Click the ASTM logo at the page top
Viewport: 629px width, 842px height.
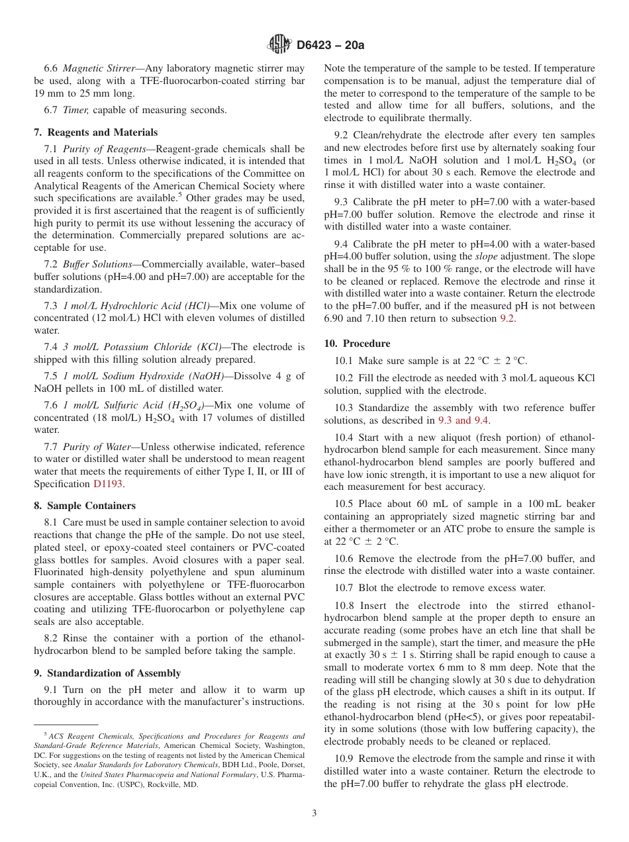tap(279, 44)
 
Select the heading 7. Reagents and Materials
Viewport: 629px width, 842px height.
tap(95, 132)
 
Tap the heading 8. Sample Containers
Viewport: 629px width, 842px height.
tap(84, 506)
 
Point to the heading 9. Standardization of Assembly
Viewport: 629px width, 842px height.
tap(107, 673)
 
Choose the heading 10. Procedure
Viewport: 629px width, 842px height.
tap(357, 344)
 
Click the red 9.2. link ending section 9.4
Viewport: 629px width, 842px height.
tap(507, 318)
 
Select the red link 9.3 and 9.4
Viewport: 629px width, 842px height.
tap(463, 420)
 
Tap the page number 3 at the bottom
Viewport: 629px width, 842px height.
tap(314, 814)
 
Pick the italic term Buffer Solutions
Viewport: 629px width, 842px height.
tap(97, 264)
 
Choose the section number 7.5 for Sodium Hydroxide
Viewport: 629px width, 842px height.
tap(53, 376)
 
